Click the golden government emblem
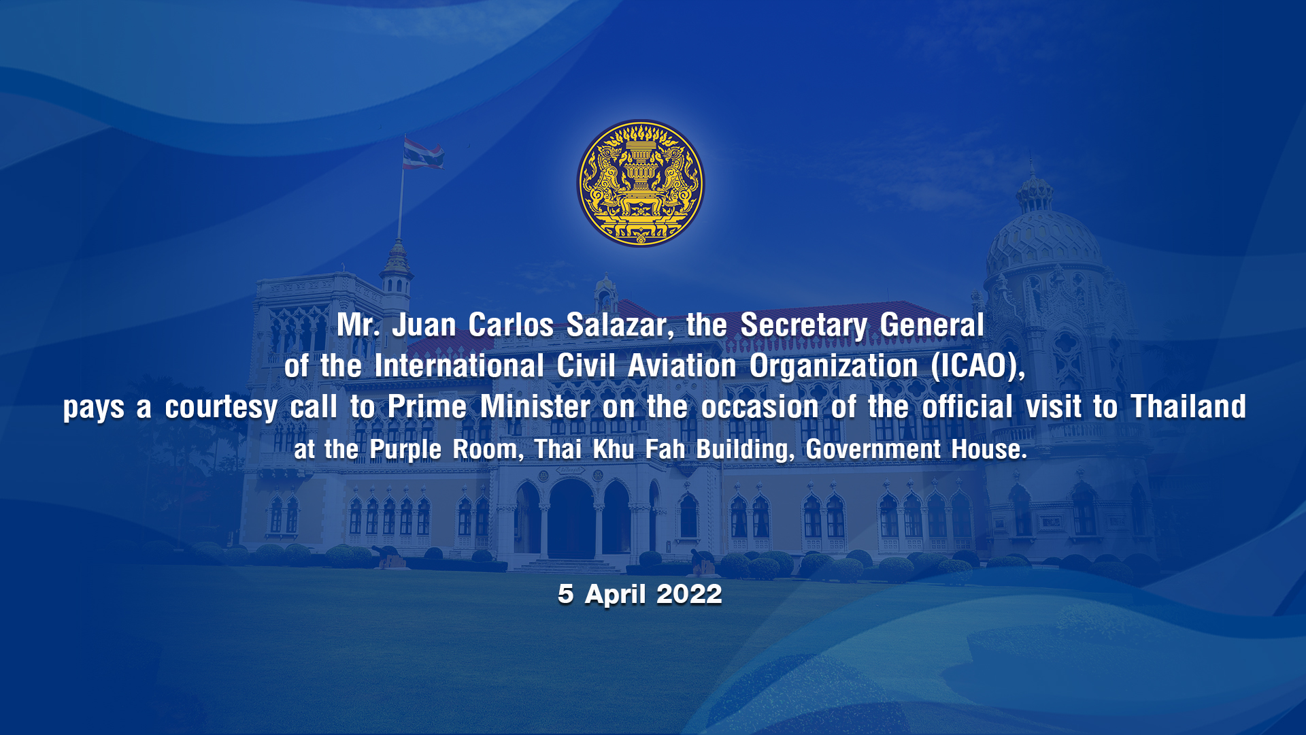point(640,184)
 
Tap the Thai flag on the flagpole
point(422,153)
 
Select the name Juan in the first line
point(424,325)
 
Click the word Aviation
point(682,366)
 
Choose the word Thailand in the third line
point(1188,407)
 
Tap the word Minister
point(535,407)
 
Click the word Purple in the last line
point(405,450)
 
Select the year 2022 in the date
point(689,594)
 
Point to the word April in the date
point(615,595)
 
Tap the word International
point(458,366)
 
